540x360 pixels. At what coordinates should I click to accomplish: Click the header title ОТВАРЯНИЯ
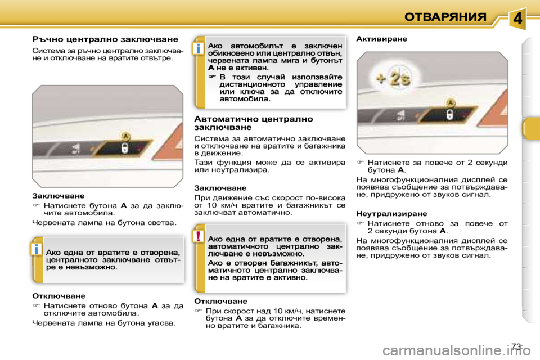[445, 17]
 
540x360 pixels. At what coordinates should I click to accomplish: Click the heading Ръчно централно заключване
[105, 40]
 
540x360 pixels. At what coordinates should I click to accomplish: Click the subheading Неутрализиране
[391, 214]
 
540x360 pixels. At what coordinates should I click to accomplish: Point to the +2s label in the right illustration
[393, 79]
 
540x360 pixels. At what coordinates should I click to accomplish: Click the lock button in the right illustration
[450, 115]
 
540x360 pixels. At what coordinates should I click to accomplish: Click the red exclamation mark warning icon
[199, 236]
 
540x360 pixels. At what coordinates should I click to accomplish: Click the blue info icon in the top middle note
[199, 49]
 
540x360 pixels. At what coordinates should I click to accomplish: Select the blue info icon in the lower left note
[36, 249]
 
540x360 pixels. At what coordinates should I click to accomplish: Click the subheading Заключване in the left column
[58, 196]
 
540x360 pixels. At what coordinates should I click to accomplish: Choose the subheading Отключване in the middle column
[220, 301]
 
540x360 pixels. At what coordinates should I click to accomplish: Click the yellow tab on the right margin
[530, 128]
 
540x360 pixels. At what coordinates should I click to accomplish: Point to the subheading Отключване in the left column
[58, 295]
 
